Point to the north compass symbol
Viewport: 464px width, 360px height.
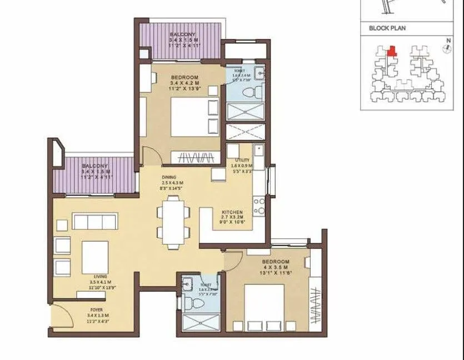coord(446,48)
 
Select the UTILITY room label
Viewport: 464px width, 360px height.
coord(243,159)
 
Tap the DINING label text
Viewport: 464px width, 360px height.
coord(169,177)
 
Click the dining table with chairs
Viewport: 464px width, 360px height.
coord(172,222)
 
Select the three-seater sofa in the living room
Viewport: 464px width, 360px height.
coord(95,222)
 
